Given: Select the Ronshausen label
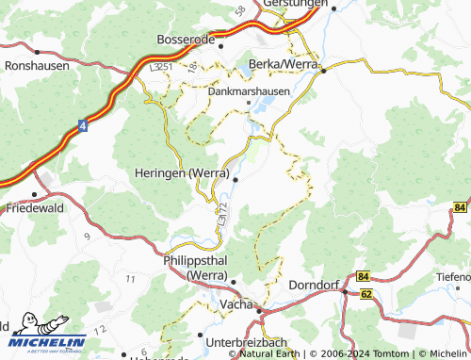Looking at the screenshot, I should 37,66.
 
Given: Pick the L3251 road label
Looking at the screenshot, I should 160,69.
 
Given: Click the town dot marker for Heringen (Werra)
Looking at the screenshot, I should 235,179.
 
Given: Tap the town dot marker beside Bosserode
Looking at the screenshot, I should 223,42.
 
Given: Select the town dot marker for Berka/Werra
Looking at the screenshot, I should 322,70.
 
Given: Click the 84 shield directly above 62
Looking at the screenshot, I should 365,276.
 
